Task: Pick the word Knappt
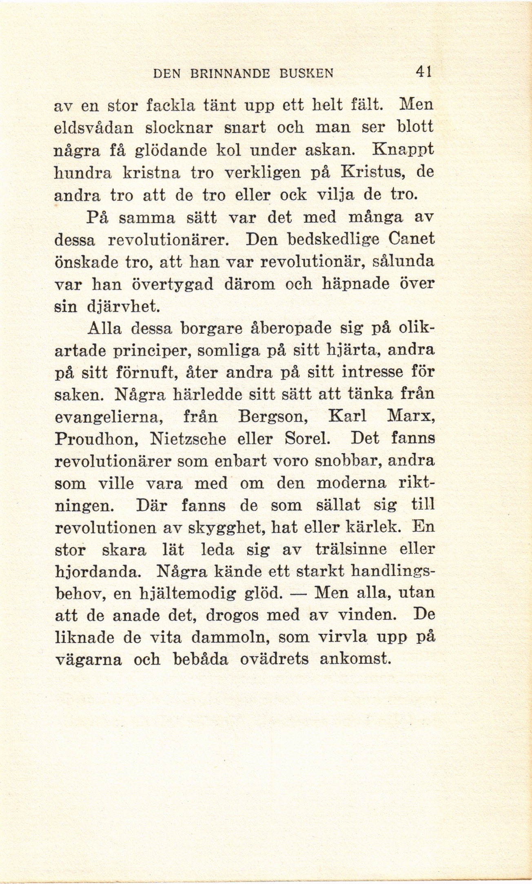click(402, 151)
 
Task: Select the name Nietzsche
click(188, 440)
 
